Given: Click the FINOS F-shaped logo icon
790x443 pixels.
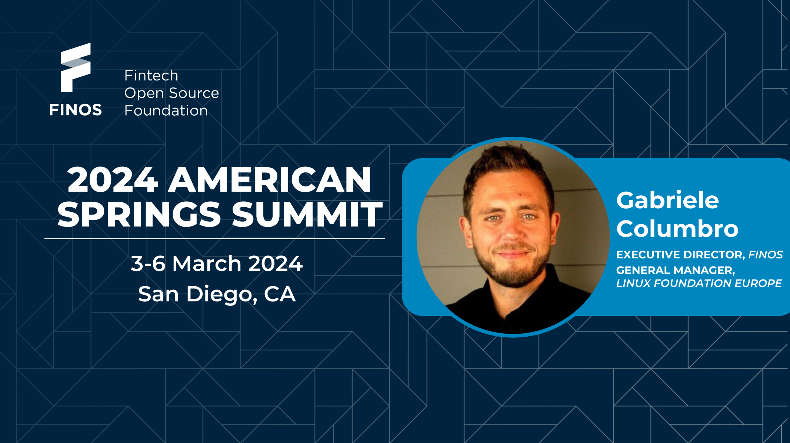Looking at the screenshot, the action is (x=76, y=67).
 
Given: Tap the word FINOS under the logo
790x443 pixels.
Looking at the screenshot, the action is (x=76, y=110).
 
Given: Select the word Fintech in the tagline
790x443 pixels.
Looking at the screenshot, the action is (x=151, y=76).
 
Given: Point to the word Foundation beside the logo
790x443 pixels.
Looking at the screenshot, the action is (x=166, y=110).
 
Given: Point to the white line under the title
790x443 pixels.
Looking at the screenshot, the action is (x=214, y=239).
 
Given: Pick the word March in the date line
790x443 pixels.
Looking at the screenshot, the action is (x=207, y=264).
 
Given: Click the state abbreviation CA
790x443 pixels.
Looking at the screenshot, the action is (x=280, y=294).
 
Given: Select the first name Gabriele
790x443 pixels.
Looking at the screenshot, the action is (x=668, y=200).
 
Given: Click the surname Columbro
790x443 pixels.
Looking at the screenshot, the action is (x=677, y=228).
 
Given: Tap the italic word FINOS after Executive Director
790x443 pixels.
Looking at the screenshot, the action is (x=766, y=255).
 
